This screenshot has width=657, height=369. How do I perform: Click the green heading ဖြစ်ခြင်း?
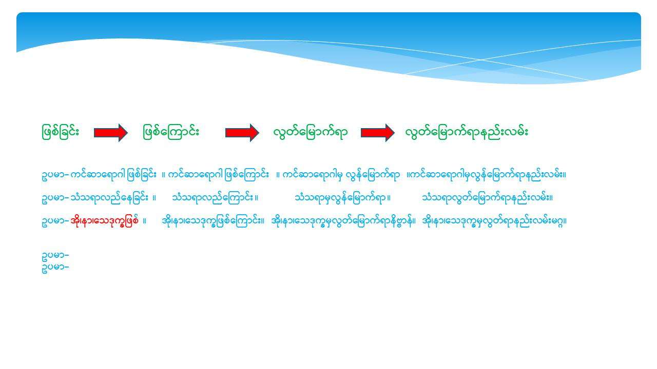tap(61, 132)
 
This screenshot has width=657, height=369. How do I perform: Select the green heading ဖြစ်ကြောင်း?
tap(171, 132)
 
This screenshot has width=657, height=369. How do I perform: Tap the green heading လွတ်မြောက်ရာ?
tap(311, 132)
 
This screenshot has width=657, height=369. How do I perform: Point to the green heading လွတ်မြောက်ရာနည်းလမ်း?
tap(467, 132)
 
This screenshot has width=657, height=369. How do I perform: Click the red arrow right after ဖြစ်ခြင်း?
tap(110, 133)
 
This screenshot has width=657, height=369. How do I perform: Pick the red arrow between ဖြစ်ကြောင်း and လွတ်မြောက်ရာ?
tap(242, 133)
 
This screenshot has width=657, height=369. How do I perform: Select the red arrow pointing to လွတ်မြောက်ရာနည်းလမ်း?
tap(377, 133)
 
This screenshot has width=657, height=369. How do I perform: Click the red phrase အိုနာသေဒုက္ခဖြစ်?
tap(104, 220)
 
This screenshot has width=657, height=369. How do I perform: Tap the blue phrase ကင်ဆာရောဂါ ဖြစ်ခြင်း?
tap(113, 175)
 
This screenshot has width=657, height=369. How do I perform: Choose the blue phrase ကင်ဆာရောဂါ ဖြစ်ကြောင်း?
tap(219, 175)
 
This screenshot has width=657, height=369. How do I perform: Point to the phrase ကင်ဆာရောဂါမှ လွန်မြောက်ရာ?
tap(341, 175)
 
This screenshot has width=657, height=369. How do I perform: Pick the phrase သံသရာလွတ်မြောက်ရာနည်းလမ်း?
tap(486, 198)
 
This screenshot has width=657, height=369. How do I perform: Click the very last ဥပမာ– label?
tap(55, 267)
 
